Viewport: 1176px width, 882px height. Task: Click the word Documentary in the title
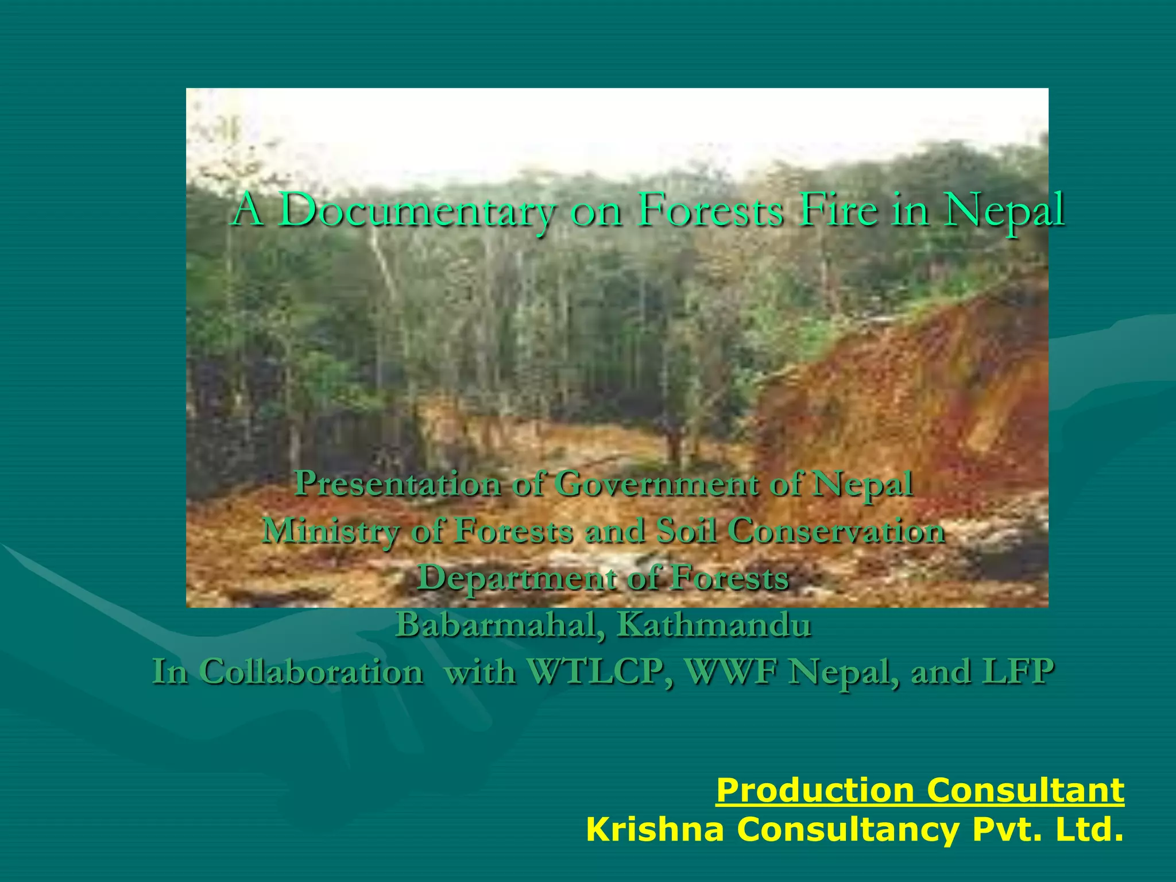[x=418, y=210]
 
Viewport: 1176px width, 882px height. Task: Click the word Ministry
[x=330, y=531]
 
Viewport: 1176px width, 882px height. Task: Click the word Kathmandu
[x=714, y=625]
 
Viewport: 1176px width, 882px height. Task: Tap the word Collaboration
[x=312, y=671]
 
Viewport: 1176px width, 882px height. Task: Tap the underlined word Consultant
[x=1026, y=791]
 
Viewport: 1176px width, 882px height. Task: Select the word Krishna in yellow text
[x=655, y=830]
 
